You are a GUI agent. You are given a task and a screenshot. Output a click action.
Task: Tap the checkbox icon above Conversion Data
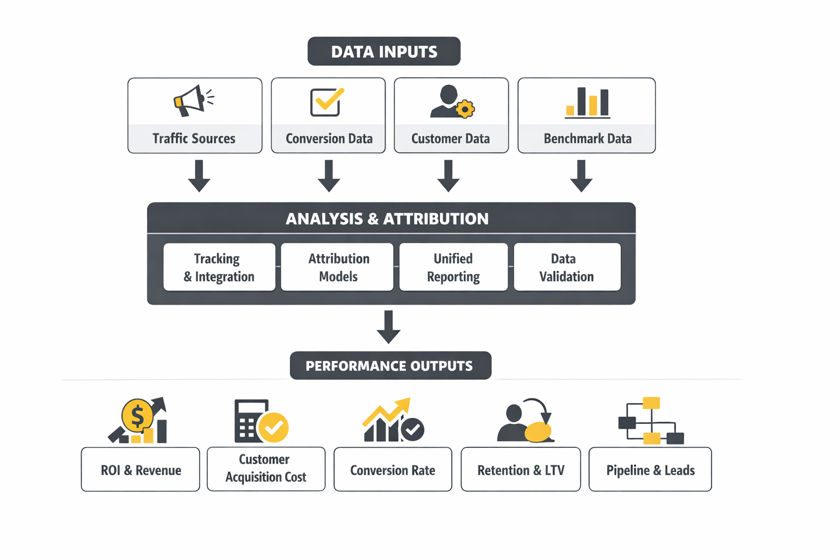pos(326,102)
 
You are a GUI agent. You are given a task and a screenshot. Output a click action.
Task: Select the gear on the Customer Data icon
pos(465,109)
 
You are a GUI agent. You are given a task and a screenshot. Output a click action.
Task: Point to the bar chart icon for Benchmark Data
pos(587,103)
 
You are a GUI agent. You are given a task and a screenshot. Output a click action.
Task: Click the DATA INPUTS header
pos(384,51)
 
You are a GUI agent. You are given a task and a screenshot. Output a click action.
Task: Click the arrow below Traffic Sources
pos(199,176)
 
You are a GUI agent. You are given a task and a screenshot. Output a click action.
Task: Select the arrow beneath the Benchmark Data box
pos(581,176)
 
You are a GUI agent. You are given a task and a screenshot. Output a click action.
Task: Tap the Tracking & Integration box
pos(219,267)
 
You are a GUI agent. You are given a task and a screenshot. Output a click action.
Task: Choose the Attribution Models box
pos(337,267)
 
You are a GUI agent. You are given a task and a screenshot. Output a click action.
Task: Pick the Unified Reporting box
pos(453,267)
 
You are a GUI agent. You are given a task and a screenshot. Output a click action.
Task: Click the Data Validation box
pos(567,267)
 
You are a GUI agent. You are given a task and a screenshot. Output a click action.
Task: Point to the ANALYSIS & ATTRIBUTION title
pos(387,219)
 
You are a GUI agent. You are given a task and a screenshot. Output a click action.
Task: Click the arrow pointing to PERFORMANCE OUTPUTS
pos(388,326)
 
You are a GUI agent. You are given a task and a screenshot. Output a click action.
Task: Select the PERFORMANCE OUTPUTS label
pos(390,366)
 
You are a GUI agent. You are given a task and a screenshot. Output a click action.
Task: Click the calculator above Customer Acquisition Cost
pos(249,421)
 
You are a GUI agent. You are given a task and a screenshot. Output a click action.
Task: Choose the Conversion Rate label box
pos(393,470)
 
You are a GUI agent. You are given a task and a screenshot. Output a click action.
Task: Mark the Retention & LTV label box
pos(521,470)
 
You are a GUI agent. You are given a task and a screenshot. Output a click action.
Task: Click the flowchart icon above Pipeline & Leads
pos(651,421)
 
